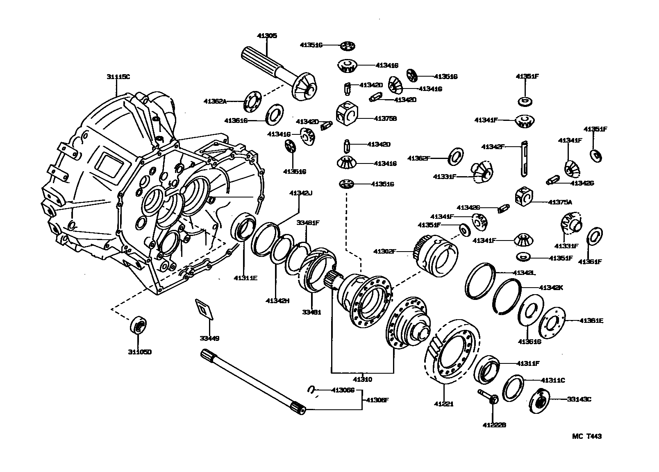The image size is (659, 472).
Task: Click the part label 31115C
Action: tap(118, 77)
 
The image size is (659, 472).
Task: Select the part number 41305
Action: tap(267, 36)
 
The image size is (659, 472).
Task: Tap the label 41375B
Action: tap(385, 118)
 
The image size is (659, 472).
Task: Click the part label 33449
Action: tap(209, 338)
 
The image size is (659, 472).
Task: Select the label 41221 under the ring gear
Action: tap(444, 404)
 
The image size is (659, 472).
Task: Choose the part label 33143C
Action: tap(579, 399)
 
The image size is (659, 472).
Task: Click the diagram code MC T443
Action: tap(587, 437)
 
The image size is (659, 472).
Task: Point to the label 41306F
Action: tap(377, 400)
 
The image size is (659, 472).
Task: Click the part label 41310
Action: tap(363, 379)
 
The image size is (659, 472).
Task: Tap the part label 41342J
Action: tap(301, 193)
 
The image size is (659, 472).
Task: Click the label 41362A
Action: tap(215, 101)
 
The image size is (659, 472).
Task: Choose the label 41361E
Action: tap(591, 320)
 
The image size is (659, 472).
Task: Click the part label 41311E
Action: tap(245, 278)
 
